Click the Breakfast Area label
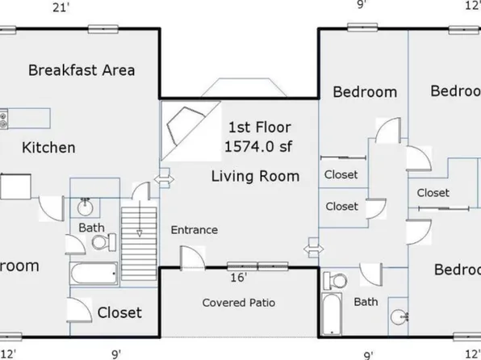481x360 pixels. pos(82,69)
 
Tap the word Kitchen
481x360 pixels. pos(48,148)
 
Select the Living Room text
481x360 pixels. pos(255,175)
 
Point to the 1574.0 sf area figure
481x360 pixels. pos(259,146)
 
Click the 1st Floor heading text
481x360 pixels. pos(259,128)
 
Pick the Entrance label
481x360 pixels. pos(194,230)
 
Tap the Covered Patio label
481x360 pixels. pos(238,303)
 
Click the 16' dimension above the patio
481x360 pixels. pos(238,278)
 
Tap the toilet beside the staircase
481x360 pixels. pos(99,241)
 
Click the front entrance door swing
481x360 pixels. pos(192,258)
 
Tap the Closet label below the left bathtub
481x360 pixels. pos(119,312)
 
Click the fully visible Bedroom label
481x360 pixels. pos(365,92)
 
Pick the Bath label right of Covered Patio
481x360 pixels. pos(366,301)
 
